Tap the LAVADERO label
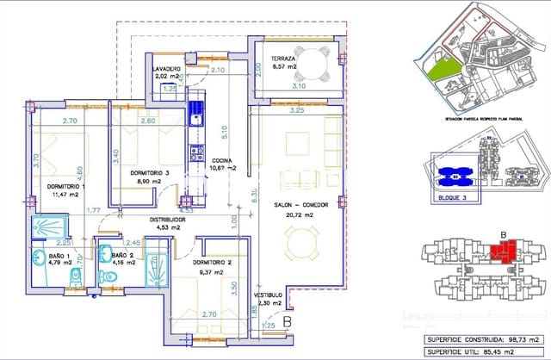pos(166,68)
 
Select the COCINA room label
pos(221,159)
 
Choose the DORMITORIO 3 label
pos(156,174)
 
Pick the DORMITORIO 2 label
pos(214,262)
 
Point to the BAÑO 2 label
pos(123,256)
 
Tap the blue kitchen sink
pos(196,111)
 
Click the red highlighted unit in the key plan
pos(500,252)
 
